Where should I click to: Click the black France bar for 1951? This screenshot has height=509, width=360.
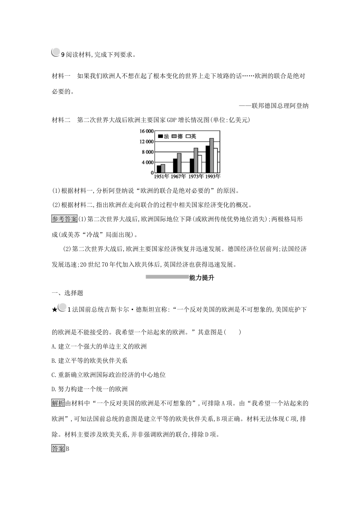tap(159, 169)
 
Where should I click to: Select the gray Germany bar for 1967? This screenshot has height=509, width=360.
tap(179, 163)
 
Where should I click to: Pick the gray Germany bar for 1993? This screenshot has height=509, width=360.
tap(211, 155)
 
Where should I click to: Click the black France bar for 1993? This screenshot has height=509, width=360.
tap(207, 159)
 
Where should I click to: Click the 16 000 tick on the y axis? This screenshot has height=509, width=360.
tap(146, 131)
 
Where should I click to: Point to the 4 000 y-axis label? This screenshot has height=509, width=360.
tap(147, 162)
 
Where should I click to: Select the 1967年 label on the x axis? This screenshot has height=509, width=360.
tap(178, 176)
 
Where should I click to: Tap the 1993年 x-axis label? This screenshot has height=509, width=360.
tap(212, 176)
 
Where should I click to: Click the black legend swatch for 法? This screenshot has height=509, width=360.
tap(160, 136)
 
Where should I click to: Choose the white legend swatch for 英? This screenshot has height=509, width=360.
tap(188, 136)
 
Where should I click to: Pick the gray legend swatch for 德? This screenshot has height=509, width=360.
tap(174, 136)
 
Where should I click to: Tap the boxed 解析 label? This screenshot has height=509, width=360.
tap(58, 403)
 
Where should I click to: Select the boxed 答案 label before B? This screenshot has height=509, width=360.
tap(58, 449)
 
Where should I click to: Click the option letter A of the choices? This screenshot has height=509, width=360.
tap(53, 346)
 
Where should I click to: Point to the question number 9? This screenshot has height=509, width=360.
tap(63, 55)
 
